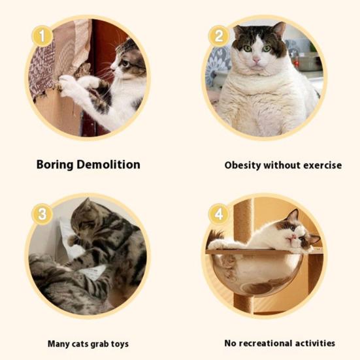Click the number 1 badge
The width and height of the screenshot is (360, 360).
42,37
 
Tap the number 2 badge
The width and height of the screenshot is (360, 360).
219,36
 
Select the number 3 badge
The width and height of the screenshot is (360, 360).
42,214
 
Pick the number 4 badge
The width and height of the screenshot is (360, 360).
219,214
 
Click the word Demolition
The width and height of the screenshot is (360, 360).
108,165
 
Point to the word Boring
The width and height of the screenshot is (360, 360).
55,165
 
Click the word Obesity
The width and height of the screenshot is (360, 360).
242,165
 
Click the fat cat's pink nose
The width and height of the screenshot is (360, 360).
256,60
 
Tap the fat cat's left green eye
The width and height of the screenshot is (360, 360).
248,48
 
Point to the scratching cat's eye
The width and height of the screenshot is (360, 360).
126,63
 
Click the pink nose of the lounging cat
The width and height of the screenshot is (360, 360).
293,237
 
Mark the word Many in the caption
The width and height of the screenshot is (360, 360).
59,344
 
